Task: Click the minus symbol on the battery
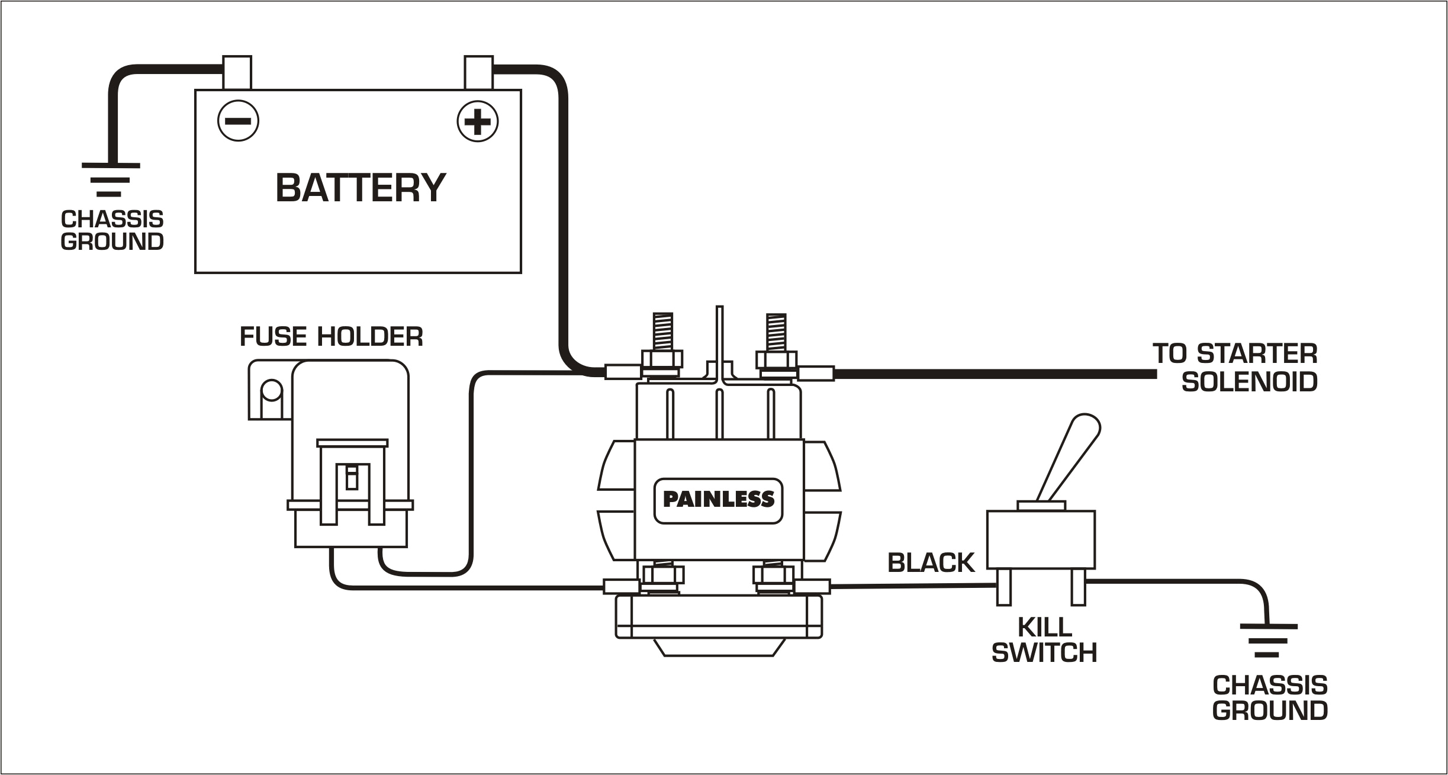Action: pos(238,121)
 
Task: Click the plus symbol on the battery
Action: pos(477,121)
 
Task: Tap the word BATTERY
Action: pos(360,188)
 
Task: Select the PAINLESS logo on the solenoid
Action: pos(718,500)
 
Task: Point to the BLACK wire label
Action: pos(931,563)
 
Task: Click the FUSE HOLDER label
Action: pos(331,337)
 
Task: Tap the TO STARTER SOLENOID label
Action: pos(1243,368)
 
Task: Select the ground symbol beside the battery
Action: pos(110,179)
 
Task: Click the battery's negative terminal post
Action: pos(237,72)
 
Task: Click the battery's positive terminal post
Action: pos(478,72)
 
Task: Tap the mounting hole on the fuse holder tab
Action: pos(271,390)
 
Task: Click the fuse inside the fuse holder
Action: pos(352,477)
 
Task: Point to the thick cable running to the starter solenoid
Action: pos(995,374)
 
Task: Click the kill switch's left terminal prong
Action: pos(1003,587)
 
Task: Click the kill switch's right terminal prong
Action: pos(1078,587)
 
